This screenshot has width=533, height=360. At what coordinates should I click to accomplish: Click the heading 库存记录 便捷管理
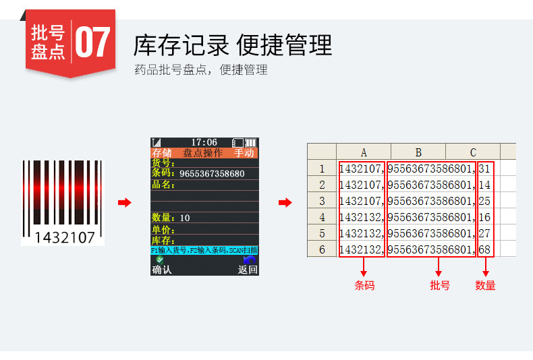233,45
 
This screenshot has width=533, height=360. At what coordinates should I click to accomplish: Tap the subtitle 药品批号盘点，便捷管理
201,69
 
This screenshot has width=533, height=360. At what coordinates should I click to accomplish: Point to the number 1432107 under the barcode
65,237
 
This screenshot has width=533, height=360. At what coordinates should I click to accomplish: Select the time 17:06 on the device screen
204,142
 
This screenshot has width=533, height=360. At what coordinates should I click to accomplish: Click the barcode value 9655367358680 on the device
212,174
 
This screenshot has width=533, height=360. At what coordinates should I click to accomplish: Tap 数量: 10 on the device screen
171,218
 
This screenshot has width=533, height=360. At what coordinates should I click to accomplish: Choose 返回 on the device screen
247,270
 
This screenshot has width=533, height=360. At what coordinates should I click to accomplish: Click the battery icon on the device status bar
250,142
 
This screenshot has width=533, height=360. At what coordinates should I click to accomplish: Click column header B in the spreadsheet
418,152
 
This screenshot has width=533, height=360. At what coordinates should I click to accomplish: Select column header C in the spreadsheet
473,152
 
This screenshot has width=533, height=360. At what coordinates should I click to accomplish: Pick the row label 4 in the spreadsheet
322,217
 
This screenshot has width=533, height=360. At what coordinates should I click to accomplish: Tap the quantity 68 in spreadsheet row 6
484,249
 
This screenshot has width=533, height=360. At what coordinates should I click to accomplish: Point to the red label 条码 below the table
364,285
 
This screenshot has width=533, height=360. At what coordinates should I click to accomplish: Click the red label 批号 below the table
439,285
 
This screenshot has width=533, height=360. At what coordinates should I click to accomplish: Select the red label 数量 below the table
485,285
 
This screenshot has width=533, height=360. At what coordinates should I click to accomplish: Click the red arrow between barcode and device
124,203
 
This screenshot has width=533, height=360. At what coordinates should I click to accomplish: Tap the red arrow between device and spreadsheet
285,203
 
